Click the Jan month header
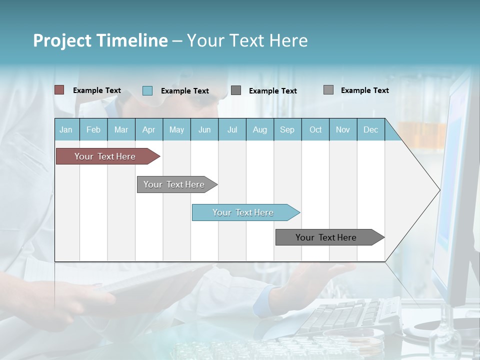(x=66, y=129)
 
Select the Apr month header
(x=148, y=129)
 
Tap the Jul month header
(x=232, y=129)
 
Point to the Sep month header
(x=287, y=129)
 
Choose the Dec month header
(x=370, y=129)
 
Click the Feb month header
(x=93, y=129)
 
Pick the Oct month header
(x=315, y=129)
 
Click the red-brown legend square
(x=59, y=90)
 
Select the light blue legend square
(x=147, y=90)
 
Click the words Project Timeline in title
(x=100, y=40)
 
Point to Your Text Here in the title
(x=247, y=40)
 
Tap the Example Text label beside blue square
(x=184, y=91)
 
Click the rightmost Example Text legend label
(x=364, y=90)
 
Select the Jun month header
(x=204, y=129)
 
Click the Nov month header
(x=343, y=129)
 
